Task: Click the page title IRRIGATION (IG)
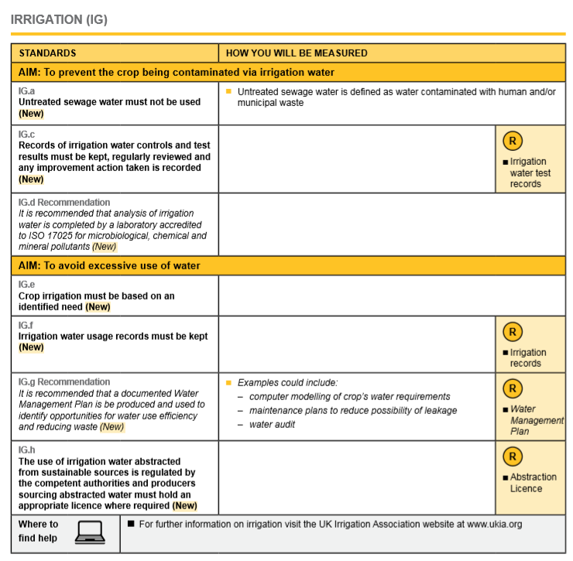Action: (x=59, y=19)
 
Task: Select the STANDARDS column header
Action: (x=47, y=53)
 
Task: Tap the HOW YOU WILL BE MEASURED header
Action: (x=297, y=53)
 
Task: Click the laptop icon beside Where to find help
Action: (x=90, y=532)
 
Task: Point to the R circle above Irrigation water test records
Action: (x=512, y=141)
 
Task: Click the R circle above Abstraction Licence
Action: (x=512, y=457)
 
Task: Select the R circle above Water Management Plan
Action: (x=512, y=388)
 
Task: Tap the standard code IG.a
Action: (x=26, y=91)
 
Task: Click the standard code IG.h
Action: (x=26, y=450)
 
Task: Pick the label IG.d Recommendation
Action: (x=64, y=203)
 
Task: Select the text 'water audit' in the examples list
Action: (x=272, y=424)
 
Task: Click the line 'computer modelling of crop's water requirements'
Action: (x=349, y=396)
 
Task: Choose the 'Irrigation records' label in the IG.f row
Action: (x=527, y=357)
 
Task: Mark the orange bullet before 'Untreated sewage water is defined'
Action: (x=228, y=91)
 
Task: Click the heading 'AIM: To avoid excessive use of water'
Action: (x=109, y=265)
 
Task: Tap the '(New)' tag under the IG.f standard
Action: (x=31, y=347)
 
